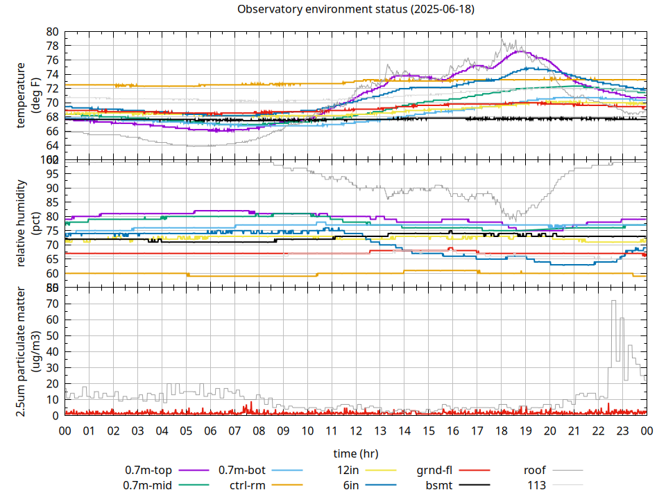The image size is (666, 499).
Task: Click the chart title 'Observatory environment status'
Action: [356, 9]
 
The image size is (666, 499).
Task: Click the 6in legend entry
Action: [351, 485]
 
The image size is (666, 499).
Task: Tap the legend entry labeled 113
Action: [536, 485]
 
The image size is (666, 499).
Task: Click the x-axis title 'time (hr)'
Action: [356, 454]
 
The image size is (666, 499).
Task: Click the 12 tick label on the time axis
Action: [356, 430]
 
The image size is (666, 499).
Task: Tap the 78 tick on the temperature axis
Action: [53, 46]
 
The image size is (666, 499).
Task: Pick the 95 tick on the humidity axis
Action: [53, 174]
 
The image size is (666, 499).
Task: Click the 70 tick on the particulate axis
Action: [53, 304]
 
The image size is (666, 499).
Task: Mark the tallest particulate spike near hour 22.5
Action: [613, 301]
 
